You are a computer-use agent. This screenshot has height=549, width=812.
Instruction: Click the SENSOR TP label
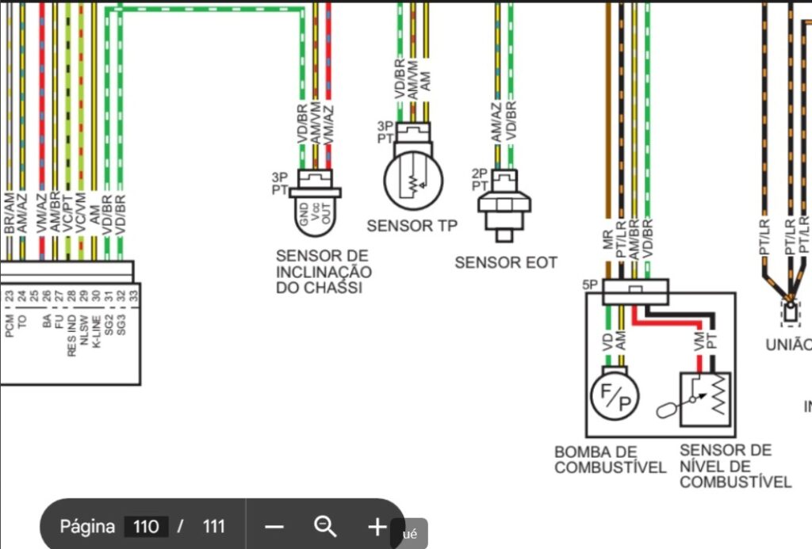(412, 226)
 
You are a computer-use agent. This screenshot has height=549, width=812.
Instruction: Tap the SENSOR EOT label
(505, 262)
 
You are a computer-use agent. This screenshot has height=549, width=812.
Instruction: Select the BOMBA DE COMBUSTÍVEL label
(610, 459)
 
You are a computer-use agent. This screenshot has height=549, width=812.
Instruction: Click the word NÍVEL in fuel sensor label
(701, 467)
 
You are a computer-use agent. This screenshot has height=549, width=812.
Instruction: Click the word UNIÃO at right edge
(788, 345)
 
